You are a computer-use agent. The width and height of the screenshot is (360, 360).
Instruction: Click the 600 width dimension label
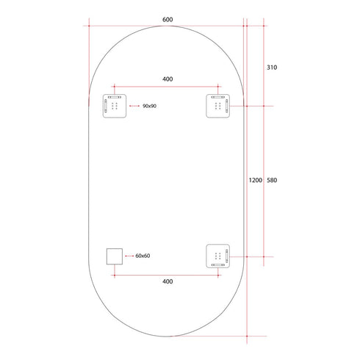click(168, 21)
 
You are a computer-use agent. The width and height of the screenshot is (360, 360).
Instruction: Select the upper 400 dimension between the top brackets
click(168, 79)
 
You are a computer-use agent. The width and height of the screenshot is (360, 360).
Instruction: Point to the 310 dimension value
click(272, 67)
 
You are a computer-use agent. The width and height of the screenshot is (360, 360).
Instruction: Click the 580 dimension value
click(272, 180)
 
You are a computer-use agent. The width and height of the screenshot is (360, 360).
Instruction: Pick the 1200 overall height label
click(255, 180)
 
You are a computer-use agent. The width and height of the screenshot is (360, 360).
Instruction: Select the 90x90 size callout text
click(150, 107)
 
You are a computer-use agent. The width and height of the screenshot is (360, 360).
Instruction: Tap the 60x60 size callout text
click(143, 256)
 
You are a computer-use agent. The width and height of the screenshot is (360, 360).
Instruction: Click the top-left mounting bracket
click(114, 106)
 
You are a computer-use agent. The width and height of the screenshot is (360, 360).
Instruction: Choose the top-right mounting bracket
click(218, 106)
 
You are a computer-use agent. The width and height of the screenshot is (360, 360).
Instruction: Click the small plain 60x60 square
click(114, 256)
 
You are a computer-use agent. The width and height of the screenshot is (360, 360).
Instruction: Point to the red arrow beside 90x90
click(134, 107)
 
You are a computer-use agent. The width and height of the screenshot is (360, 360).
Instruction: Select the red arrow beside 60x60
click(129, 256)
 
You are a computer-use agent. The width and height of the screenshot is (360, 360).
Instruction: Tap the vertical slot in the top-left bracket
click(105, 107)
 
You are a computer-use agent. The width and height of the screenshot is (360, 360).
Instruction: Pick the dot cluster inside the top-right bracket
click(217, 107)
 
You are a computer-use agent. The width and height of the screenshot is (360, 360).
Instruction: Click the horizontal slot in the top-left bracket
click(115, 97)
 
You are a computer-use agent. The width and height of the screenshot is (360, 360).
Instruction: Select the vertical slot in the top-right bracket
click(228, 107)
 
